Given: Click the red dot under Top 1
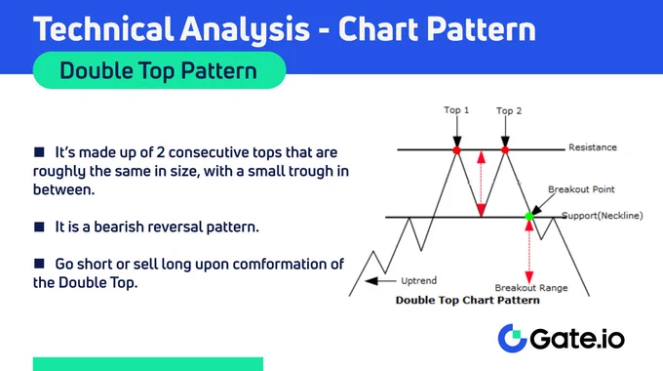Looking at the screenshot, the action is [x=456, y=150].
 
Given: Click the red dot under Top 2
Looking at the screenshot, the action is [x=505, y=150].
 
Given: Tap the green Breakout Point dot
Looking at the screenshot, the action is [x=529, y=217].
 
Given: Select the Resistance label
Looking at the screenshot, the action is [x=593, y=147].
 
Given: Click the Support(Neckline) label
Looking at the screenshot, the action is [x=603, y=216].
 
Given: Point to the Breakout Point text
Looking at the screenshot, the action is [x=581, y=189].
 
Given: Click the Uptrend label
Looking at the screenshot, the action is [x=418, y=281].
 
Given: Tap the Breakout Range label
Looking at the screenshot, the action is [x=531, y=288].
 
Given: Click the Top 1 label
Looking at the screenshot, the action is [x=456, y=110].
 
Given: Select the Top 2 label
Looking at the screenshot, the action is [x=509, y=111].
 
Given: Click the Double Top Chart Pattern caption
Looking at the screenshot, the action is [x=468, y=301].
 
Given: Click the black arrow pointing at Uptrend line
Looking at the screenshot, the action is [x=380, y=280].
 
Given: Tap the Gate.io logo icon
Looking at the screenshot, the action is [x=512, y=338].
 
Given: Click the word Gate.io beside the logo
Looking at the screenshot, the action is [x=577, y=339].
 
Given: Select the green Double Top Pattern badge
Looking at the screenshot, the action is [x=159, y=70].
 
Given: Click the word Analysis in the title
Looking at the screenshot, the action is [x=246, y=29].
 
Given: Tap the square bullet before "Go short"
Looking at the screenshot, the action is [x=39, y=264].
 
